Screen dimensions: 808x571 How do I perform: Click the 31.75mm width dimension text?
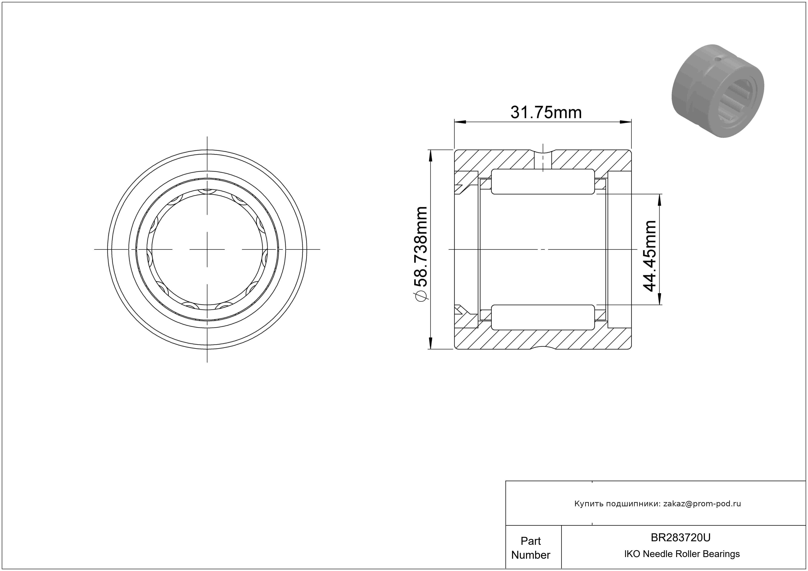(x=546, y=113)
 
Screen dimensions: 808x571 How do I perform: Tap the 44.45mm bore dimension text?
(x=650, y=256)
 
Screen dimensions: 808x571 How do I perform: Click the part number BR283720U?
(x=681, y=537)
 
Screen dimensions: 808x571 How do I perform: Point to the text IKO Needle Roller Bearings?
(x=682, y=554)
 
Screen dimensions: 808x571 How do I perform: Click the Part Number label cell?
(x=531, y=548)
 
